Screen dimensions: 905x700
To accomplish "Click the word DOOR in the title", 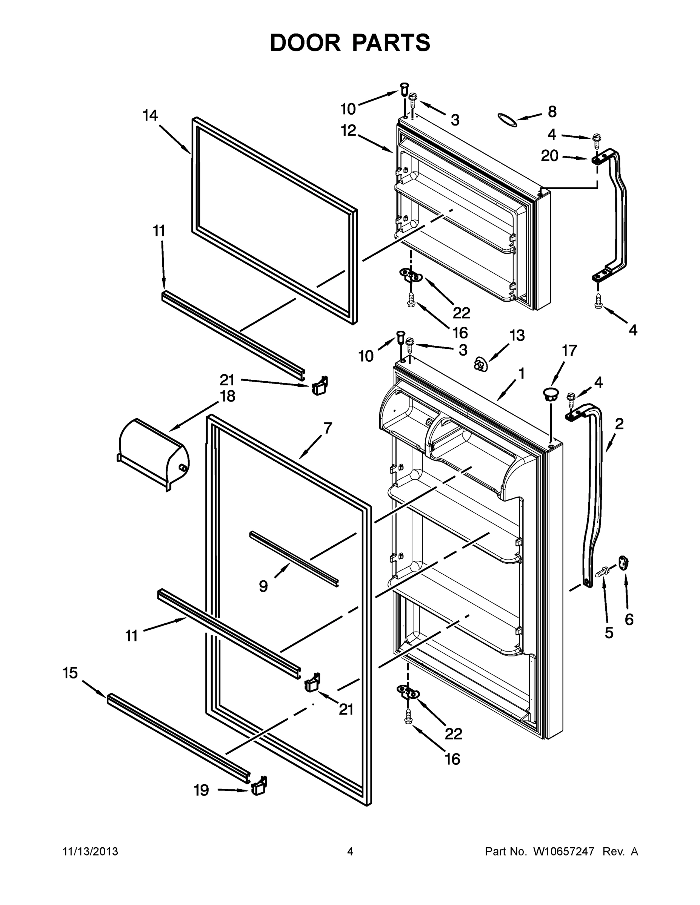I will coord(305,43).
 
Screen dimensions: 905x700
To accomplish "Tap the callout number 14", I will coord(150,116).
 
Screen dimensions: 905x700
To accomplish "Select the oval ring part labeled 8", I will coord(507,120).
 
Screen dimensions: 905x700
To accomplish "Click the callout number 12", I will coord(348,130).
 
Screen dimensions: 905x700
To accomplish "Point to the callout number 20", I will coord(549,156).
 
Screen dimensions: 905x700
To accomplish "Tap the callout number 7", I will coord(328,428).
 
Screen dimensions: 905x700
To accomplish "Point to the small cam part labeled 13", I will coord(480,365).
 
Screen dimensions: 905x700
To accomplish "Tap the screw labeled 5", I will coord(600,574).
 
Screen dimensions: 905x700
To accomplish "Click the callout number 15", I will coord(70,673).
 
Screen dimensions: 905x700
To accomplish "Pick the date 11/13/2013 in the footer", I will coord(91,851).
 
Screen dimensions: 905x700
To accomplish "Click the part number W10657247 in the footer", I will coord(563,851).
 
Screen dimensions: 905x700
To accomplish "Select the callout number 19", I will coord(202,791).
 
